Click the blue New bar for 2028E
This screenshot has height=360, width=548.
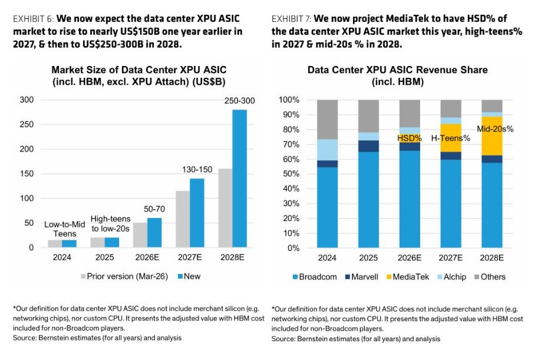point(239,179)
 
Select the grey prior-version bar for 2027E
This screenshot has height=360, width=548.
point(183,219)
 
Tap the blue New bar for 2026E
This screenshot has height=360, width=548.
point(154,233)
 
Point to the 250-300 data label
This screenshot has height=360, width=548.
point(239,101)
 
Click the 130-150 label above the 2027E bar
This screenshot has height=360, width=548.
point(197,170)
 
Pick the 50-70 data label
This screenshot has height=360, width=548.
point(154,209)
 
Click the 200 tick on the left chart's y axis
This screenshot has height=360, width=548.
point(27,149)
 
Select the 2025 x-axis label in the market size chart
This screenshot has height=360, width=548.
point(104,257)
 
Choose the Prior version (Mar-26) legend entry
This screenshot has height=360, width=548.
point(124,276)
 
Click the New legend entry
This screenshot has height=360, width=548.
point(189,276)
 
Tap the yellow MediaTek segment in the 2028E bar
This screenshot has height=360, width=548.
point(492,136)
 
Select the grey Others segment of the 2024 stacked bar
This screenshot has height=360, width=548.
point(327,120)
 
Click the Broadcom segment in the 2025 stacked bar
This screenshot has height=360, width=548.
point(368,200)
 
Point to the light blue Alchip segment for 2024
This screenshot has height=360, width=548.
point(327,150)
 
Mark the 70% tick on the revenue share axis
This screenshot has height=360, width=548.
point(289,144)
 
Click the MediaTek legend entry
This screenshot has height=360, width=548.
point(408,277)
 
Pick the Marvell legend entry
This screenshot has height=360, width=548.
point(361,277)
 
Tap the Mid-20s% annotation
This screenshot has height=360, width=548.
point(495,129)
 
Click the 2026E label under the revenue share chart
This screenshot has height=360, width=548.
point(410,258)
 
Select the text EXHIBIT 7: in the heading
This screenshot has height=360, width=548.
point(291,18)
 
